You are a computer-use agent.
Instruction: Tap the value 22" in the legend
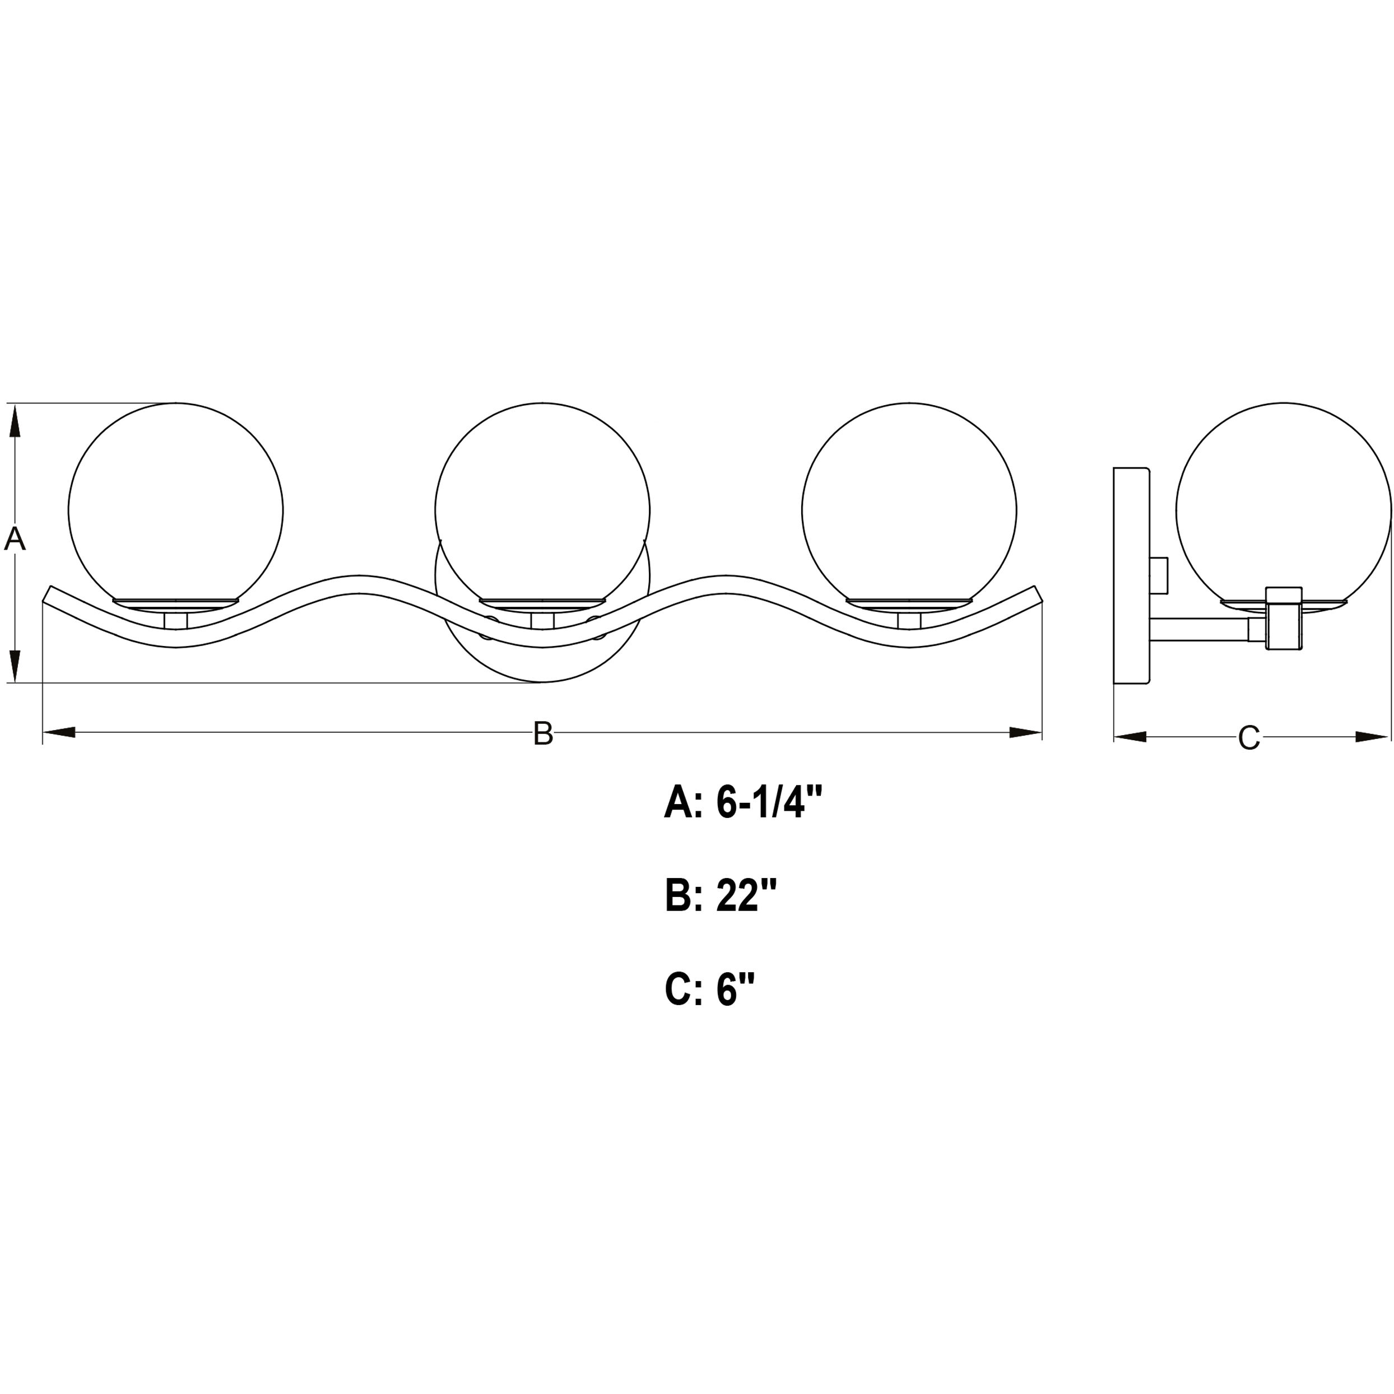[x=747, y=895]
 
